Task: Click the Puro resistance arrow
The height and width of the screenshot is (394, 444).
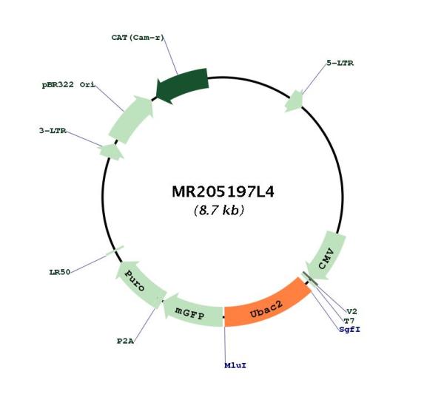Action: tap(139, 283)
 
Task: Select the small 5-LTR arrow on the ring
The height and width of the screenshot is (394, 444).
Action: tap(295, 101)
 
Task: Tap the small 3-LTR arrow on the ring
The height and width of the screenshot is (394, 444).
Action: tap(111, 152)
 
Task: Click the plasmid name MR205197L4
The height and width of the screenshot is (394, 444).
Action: tap(223, 191)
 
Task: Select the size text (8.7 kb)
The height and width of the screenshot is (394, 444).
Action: tap(219, 211)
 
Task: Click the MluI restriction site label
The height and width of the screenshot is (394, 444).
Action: tap(235, 365)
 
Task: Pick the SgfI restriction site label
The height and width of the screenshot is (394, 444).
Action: tap(350, 330)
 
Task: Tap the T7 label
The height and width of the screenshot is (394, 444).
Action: tap(349, 321)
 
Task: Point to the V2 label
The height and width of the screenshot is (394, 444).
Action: tap(352, 311)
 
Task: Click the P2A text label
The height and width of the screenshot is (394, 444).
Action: tap(126, 341)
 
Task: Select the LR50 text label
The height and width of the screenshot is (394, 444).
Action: tap(60, 272)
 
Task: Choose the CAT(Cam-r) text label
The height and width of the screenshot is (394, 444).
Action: tap(138, 38)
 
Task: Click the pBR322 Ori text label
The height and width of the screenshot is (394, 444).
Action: tap(69, 84)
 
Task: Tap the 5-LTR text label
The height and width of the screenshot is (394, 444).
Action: tap(340, 63)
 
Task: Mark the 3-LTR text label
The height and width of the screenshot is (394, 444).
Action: tap(53, 131)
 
